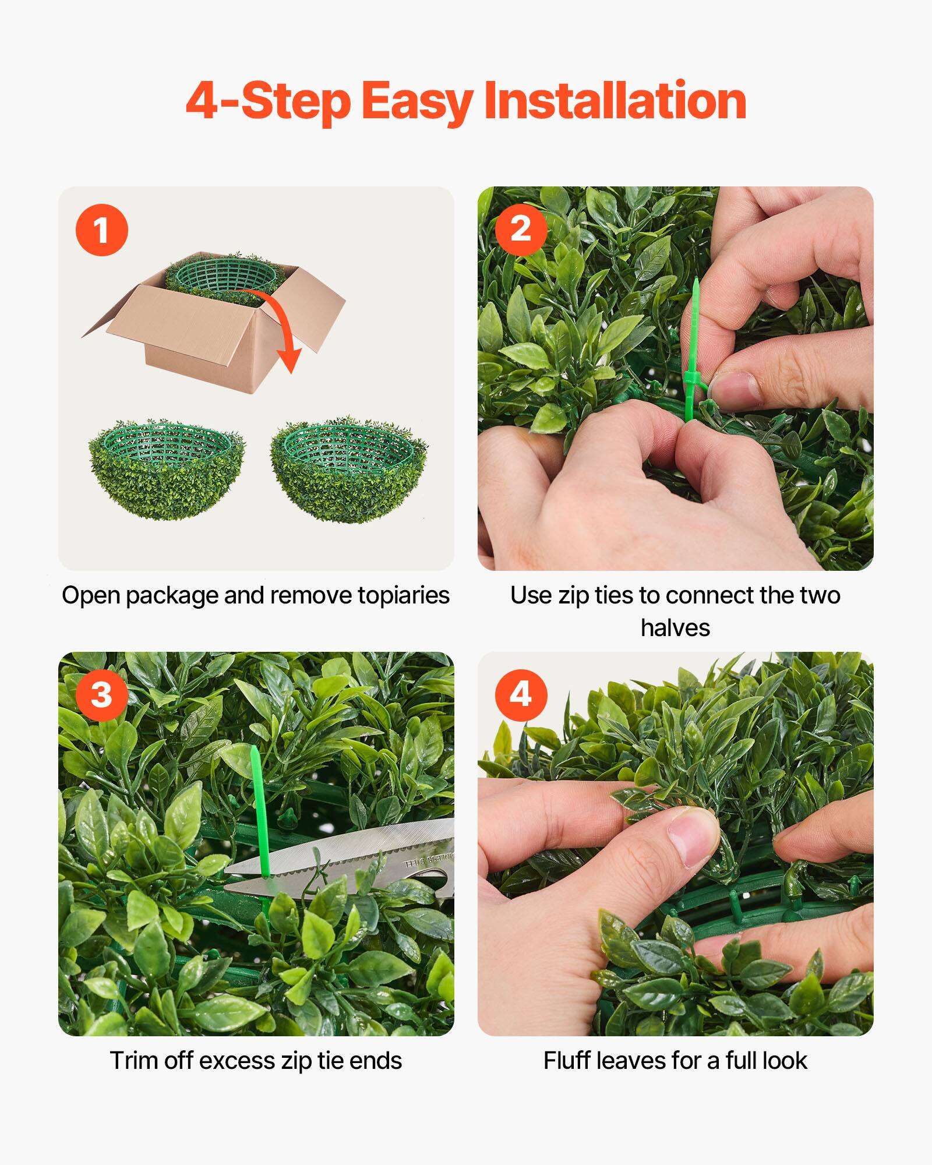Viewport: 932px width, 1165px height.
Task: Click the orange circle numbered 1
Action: (x=101, y=230)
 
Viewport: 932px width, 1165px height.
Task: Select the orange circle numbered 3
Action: (x=101, y=695)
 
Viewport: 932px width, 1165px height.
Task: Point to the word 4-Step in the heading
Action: (x=268, y=102)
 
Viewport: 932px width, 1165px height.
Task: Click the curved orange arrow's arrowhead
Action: (x=289, y=361)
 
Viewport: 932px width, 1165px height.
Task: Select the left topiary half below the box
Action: (x=167, y=469)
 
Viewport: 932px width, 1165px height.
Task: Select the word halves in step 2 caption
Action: (x=675, y=628)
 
